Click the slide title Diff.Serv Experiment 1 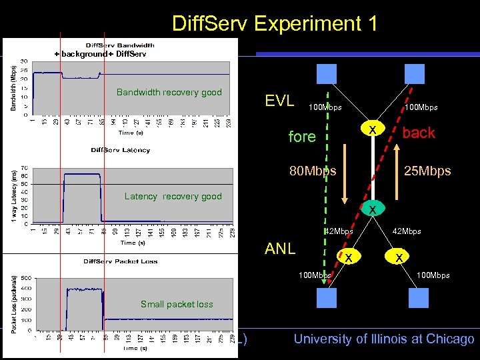(x=274, y=23)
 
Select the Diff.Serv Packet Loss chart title (x=120, y=261)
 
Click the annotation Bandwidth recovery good (x=169, y=92)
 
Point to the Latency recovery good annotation (x=173, y=196)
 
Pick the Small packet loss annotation (x=177, y=304)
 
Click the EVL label (x=279, y=101)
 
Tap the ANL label (x=280, y=249)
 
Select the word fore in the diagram (x=302, y=137)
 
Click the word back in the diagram (x=419, y=133)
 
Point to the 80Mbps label (x=313, y=171)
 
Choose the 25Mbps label (x=427, y=171)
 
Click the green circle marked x (x=373, y=209)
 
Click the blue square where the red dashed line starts (x=415, y=73)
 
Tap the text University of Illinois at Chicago (x=384, y=339)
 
